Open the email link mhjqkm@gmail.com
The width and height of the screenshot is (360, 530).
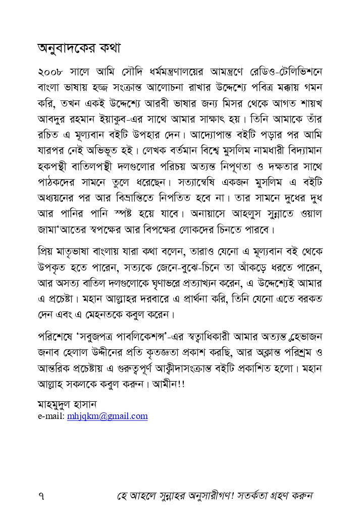(x=107, y=416)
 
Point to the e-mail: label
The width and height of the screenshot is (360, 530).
(x=51, y=416)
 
